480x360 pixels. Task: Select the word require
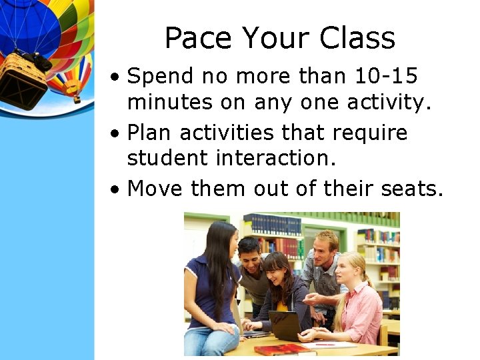369,133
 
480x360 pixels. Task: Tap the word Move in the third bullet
155,189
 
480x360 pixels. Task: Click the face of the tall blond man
325,246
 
